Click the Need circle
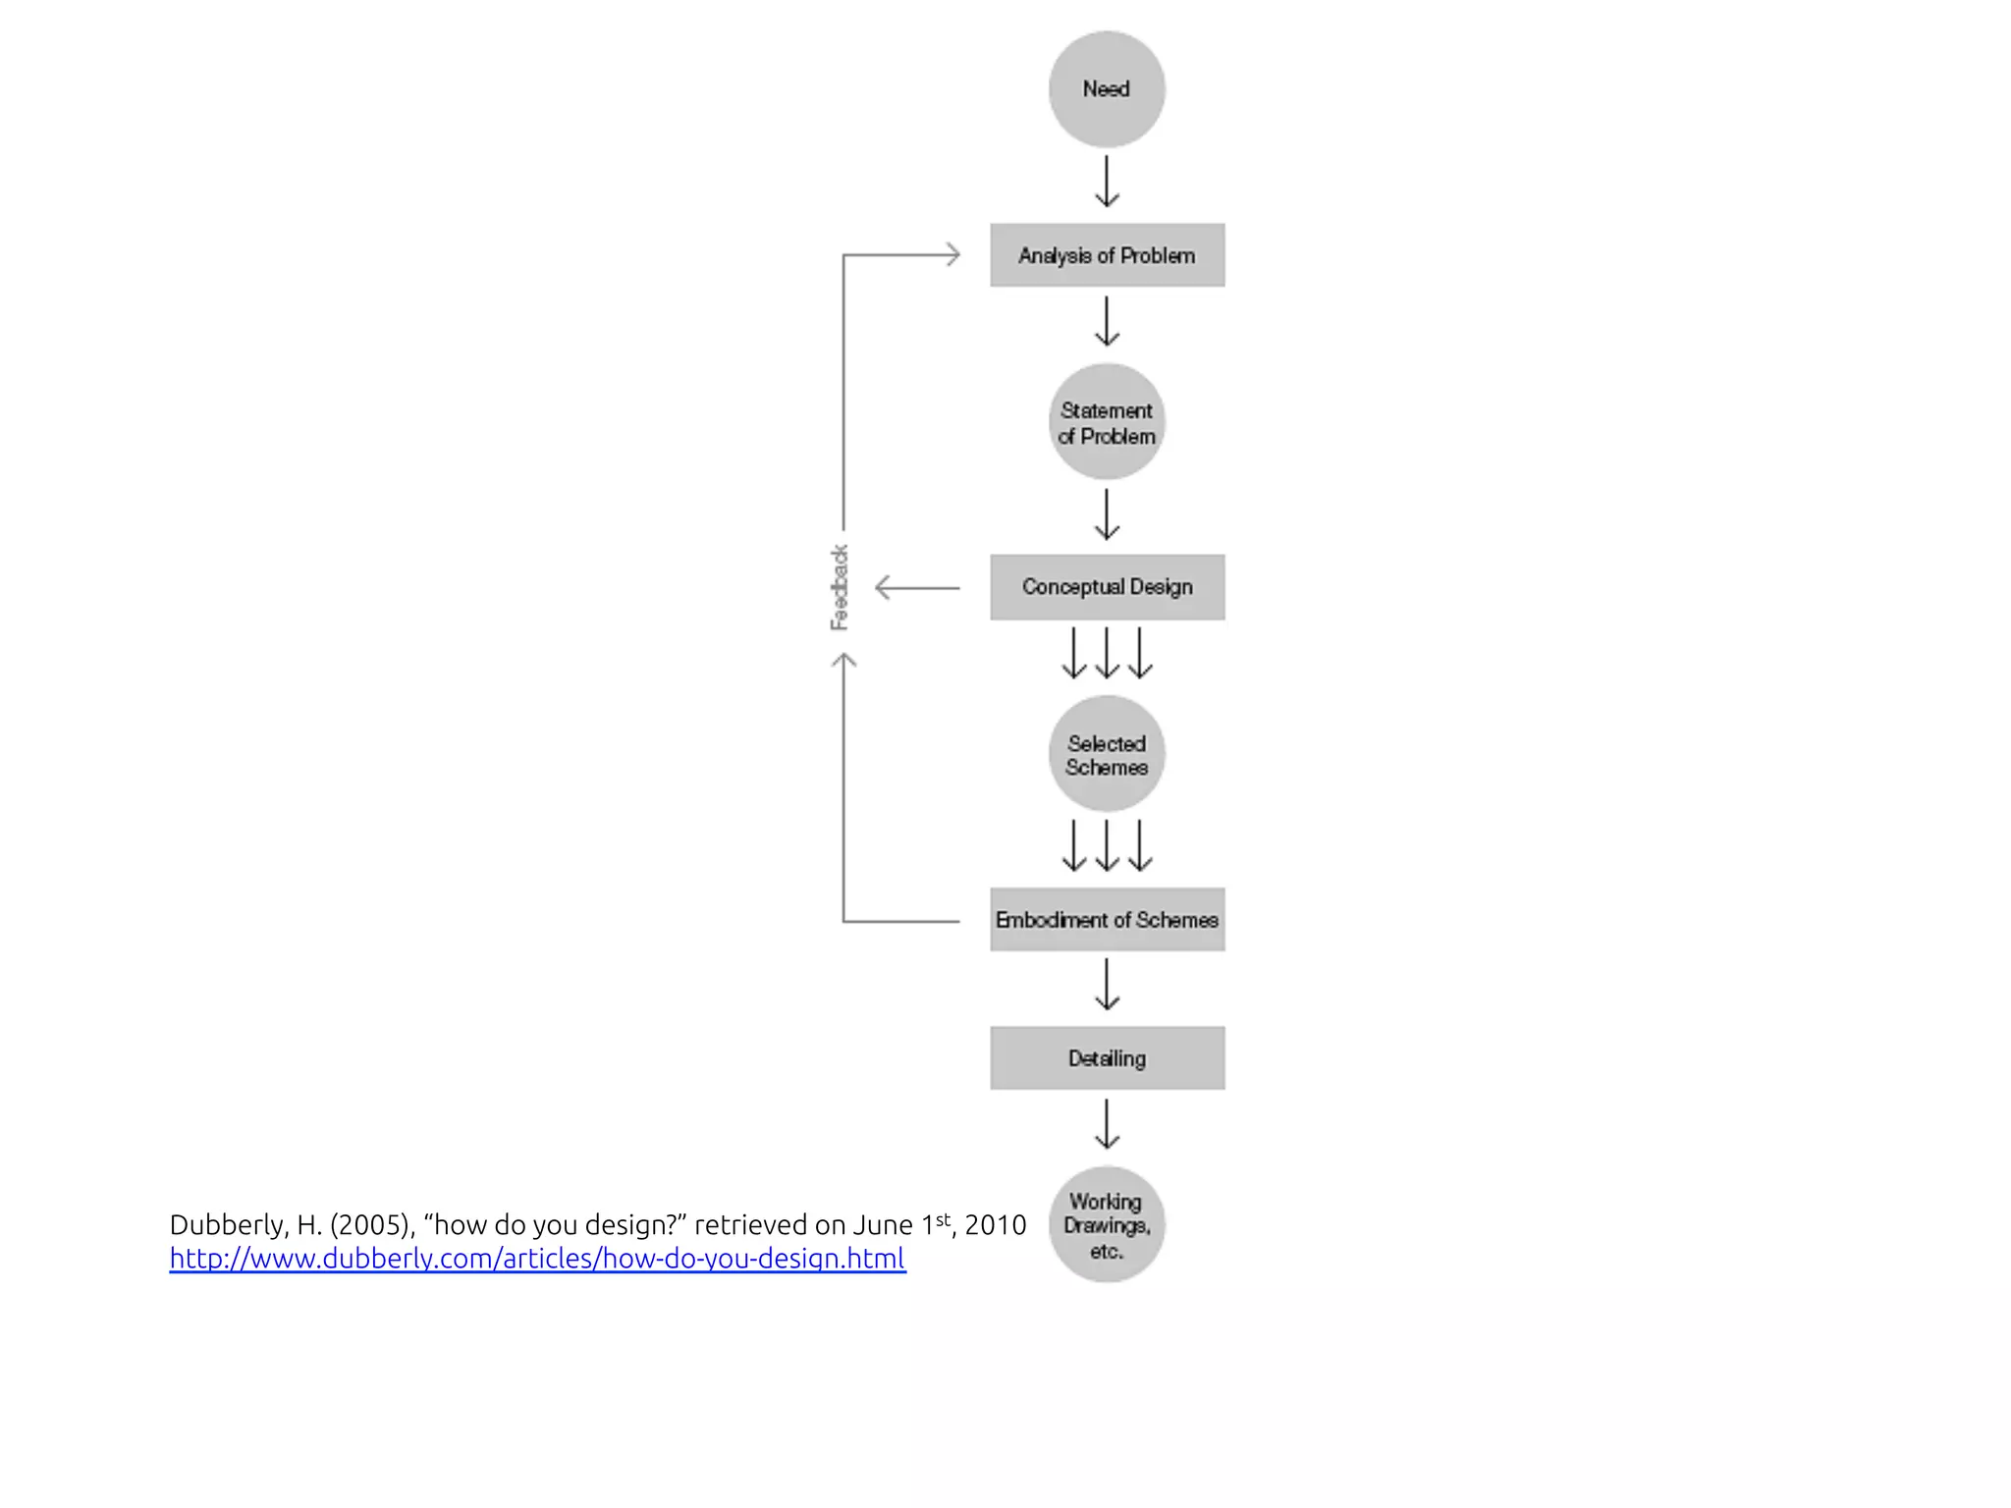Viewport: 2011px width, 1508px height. (1107, 89)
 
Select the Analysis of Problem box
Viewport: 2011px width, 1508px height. (1107, 255)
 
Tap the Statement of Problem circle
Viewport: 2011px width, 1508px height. (1107, 422)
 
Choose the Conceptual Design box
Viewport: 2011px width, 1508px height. (1107, 587)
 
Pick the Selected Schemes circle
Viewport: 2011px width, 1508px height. (1107, 754)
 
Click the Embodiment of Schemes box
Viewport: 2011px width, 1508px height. (1107, 920)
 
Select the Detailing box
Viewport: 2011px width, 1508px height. (1107, 1058)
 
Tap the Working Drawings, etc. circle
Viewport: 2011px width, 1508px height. (1107, 1224)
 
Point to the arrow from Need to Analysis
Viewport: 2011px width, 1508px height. (1107, 182)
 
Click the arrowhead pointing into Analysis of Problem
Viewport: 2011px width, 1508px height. (951, 255)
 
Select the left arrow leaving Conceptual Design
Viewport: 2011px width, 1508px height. (916, 588)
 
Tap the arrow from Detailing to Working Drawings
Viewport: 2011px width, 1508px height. (1107, 1124)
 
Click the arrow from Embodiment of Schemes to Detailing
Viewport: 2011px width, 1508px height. (1107, 985)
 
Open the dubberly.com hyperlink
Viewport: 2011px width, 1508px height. (537, 1259)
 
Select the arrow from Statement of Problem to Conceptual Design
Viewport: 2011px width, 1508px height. (1107, 514)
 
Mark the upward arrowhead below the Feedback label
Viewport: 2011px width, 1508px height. (843, 662)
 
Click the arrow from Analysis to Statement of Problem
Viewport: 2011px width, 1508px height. (1107, 322)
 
